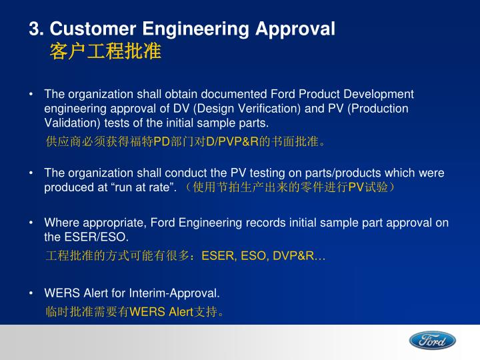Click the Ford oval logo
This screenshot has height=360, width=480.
433,341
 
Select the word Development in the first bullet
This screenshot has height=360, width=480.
382,94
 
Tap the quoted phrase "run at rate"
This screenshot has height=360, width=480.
151,187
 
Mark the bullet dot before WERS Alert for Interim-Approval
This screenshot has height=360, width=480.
32,293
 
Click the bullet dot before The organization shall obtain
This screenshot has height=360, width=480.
32,95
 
